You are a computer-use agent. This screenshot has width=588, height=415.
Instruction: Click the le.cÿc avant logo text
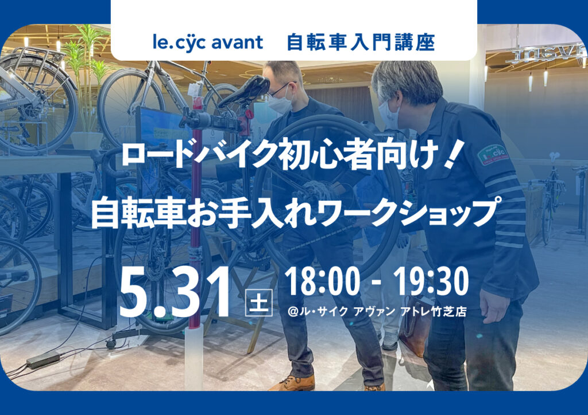pyautogui.click(x=208, y=42)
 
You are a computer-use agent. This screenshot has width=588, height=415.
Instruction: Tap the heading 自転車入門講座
pyautogui.click(x=361, y=42)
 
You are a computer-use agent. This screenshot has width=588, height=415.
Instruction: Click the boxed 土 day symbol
pyautogui.click(x=259, y=302)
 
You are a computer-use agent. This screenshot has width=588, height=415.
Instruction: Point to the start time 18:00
pyautogui.click(x=323, y=281)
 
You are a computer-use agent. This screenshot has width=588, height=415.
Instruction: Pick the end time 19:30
pyautogui.click(x=431, y=281)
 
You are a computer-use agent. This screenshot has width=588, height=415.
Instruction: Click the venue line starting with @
pyautogui.click(x=377, y=311)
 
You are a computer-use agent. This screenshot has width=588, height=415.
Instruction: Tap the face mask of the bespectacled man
pyautogui.click(x=280, y=101)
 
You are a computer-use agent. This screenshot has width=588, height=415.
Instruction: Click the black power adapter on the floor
pyautogui.click(x=43, y=360)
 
